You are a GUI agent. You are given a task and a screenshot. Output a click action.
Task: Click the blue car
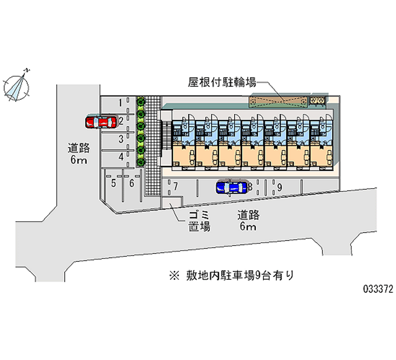click(x=231, y=187)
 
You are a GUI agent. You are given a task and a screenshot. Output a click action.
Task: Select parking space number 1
click(x=120, y=103)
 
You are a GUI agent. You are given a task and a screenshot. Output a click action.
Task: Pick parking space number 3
click(x=120, y=140)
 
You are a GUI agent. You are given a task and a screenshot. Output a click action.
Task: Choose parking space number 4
click(x=120, y=157)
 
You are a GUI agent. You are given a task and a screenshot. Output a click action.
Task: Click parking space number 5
click(x=113, y=184)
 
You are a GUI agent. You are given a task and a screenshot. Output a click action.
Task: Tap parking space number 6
click(x=131, y=184)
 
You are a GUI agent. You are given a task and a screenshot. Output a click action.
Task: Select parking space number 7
click(x=175, y=187)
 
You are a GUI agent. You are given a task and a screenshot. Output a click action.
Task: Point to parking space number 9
click(x=280, y=187)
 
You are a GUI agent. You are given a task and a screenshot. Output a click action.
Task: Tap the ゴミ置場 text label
click(x=199, y=221)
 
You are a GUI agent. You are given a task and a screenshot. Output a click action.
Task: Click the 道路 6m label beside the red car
click(x=78, y=153)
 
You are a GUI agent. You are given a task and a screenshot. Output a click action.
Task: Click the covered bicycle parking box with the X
click(x=278, y=101)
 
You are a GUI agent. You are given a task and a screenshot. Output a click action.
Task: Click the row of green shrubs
click(x=141, y=132)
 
